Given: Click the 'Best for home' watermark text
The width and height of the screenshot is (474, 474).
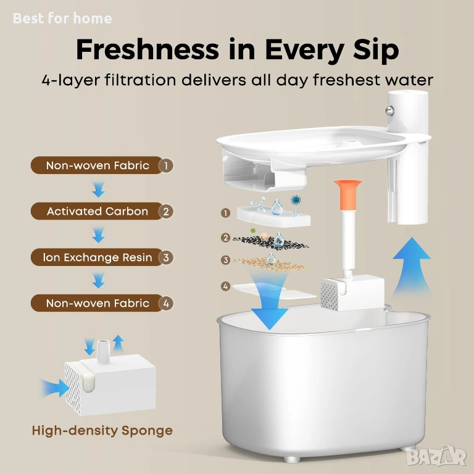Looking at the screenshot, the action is coord(62,19).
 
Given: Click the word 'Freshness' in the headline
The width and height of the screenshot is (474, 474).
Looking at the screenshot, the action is coord(148,49).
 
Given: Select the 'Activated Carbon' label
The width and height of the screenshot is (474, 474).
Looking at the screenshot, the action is coord(98,211).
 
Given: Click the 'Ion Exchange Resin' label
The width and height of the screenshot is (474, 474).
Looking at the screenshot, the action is coord(98,257).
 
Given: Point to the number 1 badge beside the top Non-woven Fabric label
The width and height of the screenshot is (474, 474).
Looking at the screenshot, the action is coord(165,165).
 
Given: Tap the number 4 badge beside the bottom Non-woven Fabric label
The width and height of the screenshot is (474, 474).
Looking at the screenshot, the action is coord(165,303).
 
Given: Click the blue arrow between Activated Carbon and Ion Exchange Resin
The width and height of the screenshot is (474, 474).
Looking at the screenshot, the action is coord(99,235).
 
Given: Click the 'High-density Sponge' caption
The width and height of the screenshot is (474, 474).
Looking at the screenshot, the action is coord(102,430).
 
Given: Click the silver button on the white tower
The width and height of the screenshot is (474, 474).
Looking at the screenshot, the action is coord(389,110).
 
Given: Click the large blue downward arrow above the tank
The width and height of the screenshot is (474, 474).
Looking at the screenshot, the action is coord(269,302).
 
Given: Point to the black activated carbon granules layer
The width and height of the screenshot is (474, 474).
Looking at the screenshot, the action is coord(270,243).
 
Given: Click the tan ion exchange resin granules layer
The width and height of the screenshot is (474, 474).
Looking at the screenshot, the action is coord(270,264).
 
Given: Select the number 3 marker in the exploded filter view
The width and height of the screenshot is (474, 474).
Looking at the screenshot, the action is coord(225,260).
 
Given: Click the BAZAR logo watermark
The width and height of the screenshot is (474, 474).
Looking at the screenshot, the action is coord(436,457).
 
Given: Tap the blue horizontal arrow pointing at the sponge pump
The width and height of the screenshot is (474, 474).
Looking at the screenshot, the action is coord(55,388).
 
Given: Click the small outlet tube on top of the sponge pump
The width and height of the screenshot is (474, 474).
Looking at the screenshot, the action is coord(103,351).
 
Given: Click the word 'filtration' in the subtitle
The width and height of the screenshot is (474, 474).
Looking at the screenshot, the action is coord(140,80).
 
